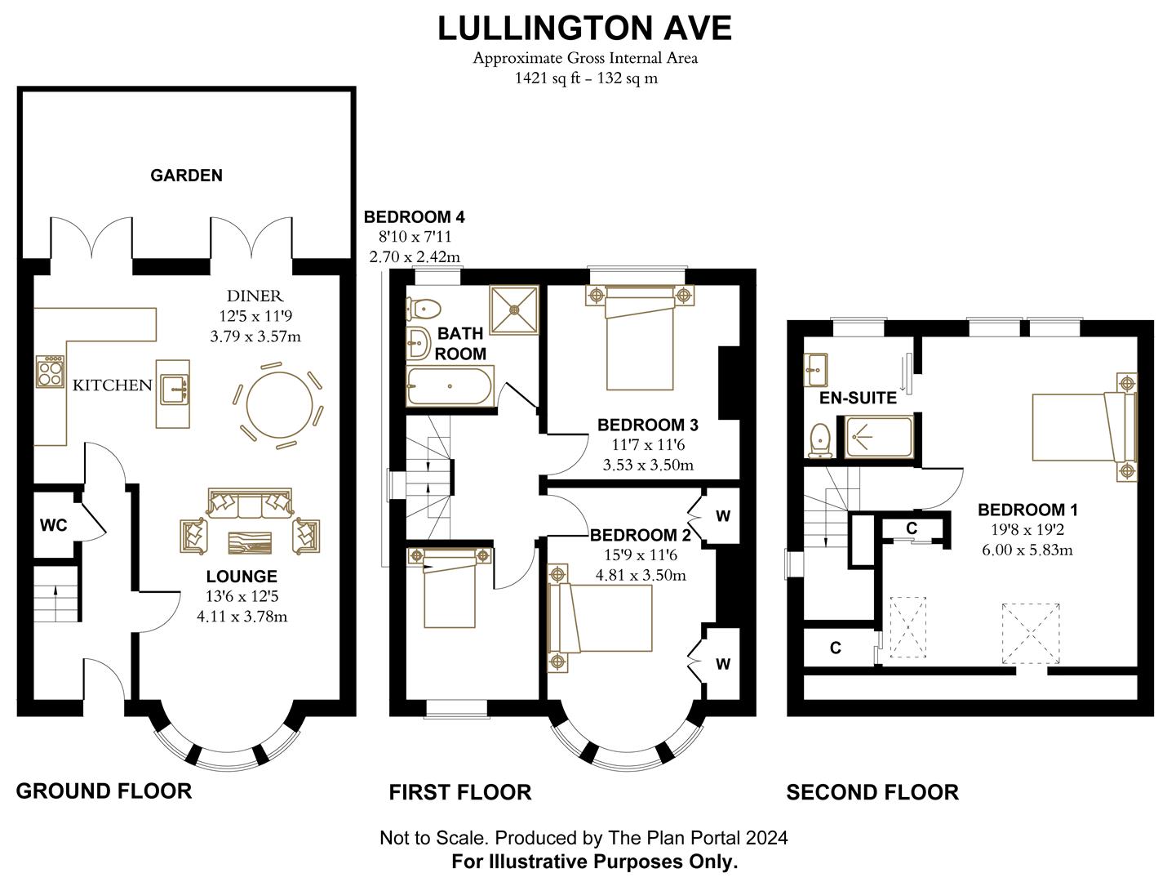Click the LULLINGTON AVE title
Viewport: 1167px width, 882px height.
[x=584, y=28]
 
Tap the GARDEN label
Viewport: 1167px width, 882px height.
[x=186, y=175]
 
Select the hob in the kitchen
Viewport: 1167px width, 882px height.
[x=50, y=372]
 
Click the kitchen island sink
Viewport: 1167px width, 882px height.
[x=174, y=389]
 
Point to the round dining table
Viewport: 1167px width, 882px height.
[x=278, y=405]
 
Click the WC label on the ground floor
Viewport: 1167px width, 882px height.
[x=53, y=525]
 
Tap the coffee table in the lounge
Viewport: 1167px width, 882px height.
[x=249, y=543]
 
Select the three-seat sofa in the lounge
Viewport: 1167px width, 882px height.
[x=250, y=504]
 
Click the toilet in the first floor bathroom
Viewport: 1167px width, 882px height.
[x=424, y=308]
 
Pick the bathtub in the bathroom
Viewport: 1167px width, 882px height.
[x=450, y=386]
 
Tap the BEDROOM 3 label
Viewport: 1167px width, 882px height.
[x=647, y=425]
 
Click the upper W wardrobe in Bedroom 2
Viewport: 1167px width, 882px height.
[x=722, y=516]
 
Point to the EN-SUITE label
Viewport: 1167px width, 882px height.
[x=858, y=398]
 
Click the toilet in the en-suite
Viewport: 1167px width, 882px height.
[x=819, y=439]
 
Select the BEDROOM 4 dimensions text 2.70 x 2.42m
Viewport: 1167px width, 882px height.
[x=415, y=256]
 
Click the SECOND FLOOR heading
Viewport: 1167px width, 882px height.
[x=872, y=792]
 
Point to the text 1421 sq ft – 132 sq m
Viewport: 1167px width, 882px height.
[x=585, y=78]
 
